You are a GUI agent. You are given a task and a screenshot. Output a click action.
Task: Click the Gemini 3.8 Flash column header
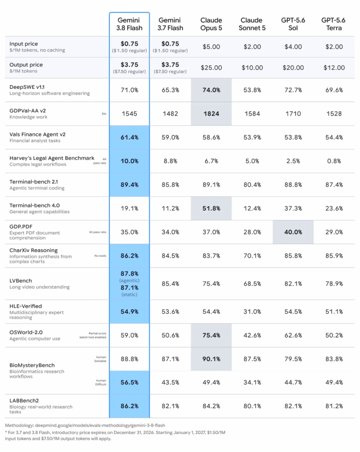pyautogui.click(x=129, y=24)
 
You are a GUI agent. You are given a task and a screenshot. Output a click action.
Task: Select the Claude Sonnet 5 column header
pyautogui.click(x=252, y=24)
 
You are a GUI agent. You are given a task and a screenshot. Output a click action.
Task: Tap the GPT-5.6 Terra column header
pyautogui.click(x=333, y=24)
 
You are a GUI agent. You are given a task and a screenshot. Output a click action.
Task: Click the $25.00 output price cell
pyautogui.click(x=211, y=68)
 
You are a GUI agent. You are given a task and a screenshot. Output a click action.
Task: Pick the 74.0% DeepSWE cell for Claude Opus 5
pyautogui.click(x=211, y=90)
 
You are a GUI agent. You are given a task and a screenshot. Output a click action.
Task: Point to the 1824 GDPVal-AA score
pyautogui.click(x=211, y=114)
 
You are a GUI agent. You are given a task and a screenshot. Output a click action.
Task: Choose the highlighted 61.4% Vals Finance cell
pyautogui.click(x=129, y=138)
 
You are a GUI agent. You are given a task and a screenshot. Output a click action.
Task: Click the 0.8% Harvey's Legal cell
pyautogui.click(x=334, y=161)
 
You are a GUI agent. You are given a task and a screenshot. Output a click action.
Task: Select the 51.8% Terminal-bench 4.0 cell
pyautogui.click(x=211, y=208)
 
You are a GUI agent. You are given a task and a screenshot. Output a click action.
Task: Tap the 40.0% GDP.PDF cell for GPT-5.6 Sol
pyautogui.click(x=293, y=232)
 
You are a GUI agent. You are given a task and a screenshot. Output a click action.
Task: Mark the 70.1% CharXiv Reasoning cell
pyautogui.click(x=252, y=256)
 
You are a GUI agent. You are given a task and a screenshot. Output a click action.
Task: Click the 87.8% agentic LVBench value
pyautogui.click(x=129, y=273)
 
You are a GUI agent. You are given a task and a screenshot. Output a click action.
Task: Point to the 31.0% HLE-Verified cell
pyautogui.click(x=252, y=312)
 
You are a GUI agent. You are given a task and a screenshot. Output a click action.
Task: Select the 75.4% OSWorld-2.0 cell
pyautogui.click(x=211, y=335)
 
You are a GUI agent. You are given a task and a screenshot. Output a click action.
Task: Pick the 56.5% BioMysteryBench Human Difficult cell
pyautogui.click(x=129, y=382)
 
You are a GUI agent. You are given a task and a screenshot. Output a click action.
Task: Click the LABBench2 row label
pyautogui.click(x=24, y=401)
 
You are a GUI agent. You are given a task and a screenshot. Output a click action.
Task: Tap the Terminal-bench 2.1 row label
pyautogui.click(x=33, y=182)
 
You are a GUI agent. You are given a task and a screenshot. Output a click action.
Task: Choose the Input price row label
pyautogui.click(x=23, y=44)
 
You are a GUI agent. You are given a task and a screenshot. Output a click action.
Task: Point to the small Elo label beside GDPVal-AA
pyautogui.click(x=104, y=114)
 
